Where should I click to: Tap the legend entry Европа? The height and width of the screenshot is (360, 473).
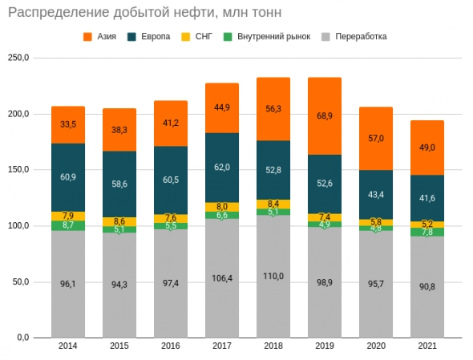(155, 37)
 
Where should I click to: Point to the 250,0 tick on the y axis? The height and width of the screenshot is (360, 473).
(18, 59)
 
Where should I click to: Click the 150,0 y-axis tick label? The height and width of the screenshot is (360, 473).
(18, 170)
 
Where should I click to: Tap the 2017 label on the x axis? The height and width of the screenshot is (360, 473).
(222, 346)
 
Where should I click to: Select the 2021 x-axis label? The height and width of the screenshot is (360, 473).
(427, 346)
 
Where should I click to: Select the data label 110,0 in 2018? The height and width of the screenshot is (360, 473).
(273, 276)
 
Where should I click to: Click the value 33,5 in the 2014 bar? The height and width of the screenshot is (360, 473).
(68, 124)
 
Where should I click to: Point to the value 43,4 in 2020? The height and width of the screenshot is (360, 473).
(376, 195)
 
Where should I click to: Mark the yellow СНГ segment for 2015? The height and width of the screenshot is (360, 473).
(119, 221)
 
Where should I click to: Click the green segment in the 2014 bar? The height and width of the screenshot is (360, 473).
(68, 226)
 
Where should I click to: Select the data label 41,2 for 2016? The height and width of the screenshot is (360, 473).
(171, 123)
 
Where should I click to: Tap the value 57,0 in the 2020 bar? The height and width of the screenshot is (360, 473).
(376, 139)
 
